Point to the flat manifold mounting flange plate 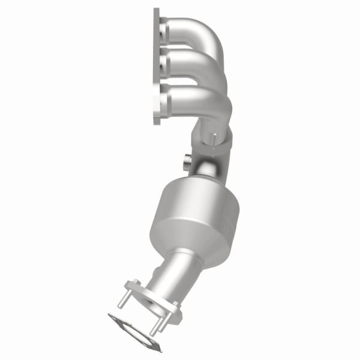tap(157, 66)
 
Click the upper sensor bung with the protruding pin tap(214, 140)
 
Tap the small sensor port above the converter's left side tap(187, 161)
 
